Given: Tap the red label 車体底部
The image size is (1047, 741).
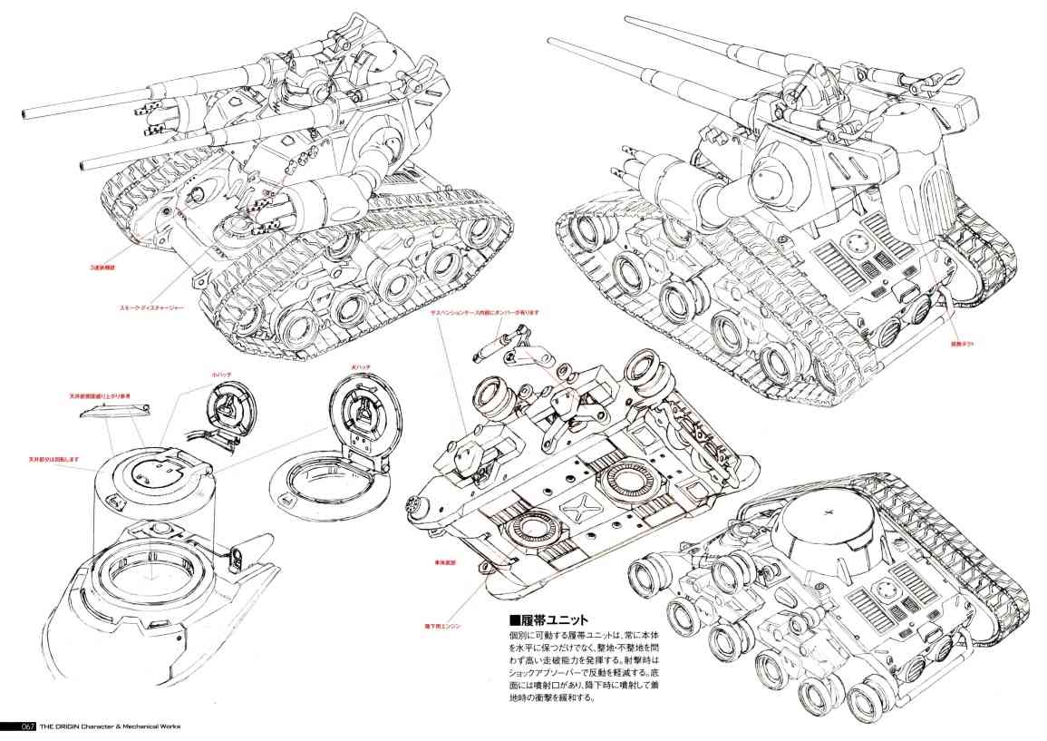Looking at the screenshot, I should tap(444, 563).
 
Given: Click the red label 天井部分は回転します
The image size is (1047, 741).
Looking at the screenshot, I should tap(55, 459).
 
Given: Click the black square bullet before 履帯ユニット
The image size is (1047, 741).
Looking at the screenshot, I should tap(513, 620).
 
